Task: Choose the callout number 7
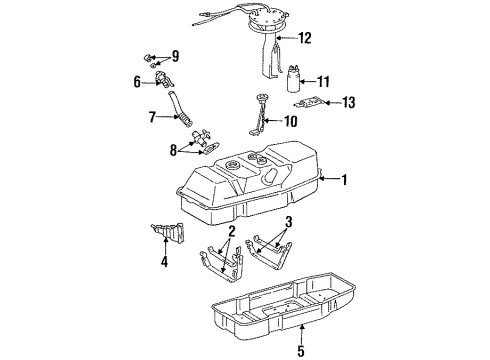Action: pos(151,118)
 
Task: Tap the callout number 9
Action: pos(175,56)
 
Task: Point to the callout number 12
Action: pos(305,38)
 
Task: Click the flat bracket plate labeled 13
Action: pos(313,102)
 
